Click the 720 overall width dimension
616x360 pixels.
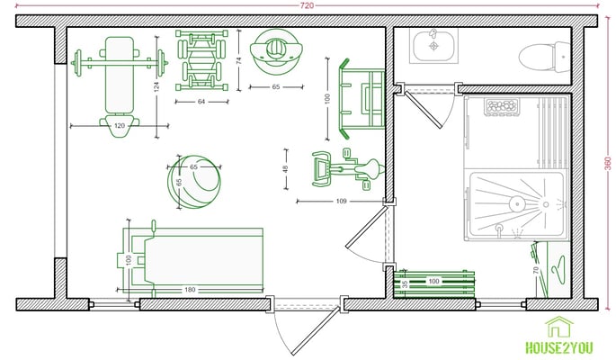click(x=307, y=5)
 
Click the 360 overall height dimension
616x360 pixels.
click(x=608, y=164)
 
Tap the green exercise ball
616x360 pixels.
click(x=194, y=182)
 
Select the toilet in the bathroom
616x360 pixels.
click(x=544, y=58)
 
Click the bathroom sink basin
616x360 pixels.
click(x=433, y=47)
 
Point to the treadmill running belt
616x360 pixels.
click(x=203, y=261)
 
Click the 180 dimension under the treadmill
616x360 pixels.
click(x=190, y=290)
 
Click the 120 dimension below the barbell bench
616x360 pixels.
click(x=120, y=126)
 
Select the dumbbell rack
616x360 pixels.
click(x=201, y=60)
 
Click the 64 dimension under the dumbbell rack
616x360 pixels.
click(x=201, y=102)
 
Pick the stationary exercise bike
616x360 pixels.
click(x=348, y=170)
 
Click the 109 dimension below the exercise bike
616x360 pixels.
click(x=342, y=202)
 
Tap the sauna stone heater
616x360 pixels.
click(x=502, y=106)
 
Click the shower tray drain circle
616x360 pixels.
click(x=517, y=204)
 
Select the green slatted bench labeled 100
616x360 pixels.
click(x=433, y=283)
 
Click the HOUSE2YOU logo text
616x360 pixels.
click(x=559, y=347)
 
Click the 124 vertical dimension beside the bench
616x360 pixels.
click(x=156, y=87)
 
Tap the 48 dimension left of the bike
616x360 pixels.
click(x=286, y=169)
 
